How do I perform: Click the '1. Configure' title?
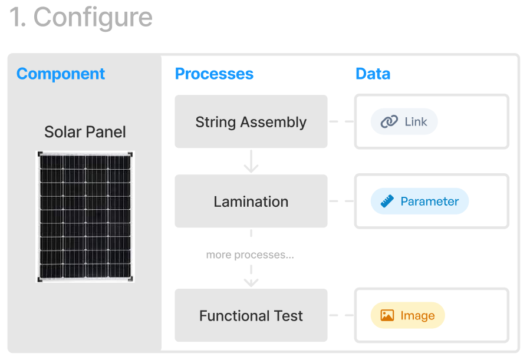coord(81,18)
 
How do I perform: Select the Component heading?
coord(61,74)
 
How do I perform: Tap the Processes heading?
coord(214,74)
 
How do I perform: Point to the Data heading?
coord(373,74)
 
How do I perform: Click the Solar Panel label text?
coord(85,132)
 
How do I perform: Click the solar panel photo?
coord(85,217)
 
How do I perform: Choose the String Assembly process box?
coord(251,121)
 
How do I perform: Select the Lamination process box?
coord(251,202)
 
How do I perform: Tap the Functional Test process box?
coord(251,315)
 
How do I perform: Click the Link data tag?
coord(404,121)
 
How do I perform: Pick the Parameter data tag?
coord(420,202)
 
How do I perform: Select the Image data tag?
coord(408,315)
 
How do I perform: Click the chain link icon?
coord(389,121)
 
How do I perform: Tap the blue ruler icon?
coord(387,202)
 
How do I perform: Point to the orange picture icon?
coord(387,315)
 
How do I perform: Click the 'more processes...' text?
coord(250,255)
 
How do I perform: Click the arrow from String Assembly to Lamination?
coord(251,161)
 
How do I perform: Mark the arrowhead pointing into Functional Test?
coord(251,282)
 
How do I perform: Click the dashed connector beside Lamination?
coord(341,202)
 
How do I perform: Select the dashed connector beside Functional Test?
coord(341,315)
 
